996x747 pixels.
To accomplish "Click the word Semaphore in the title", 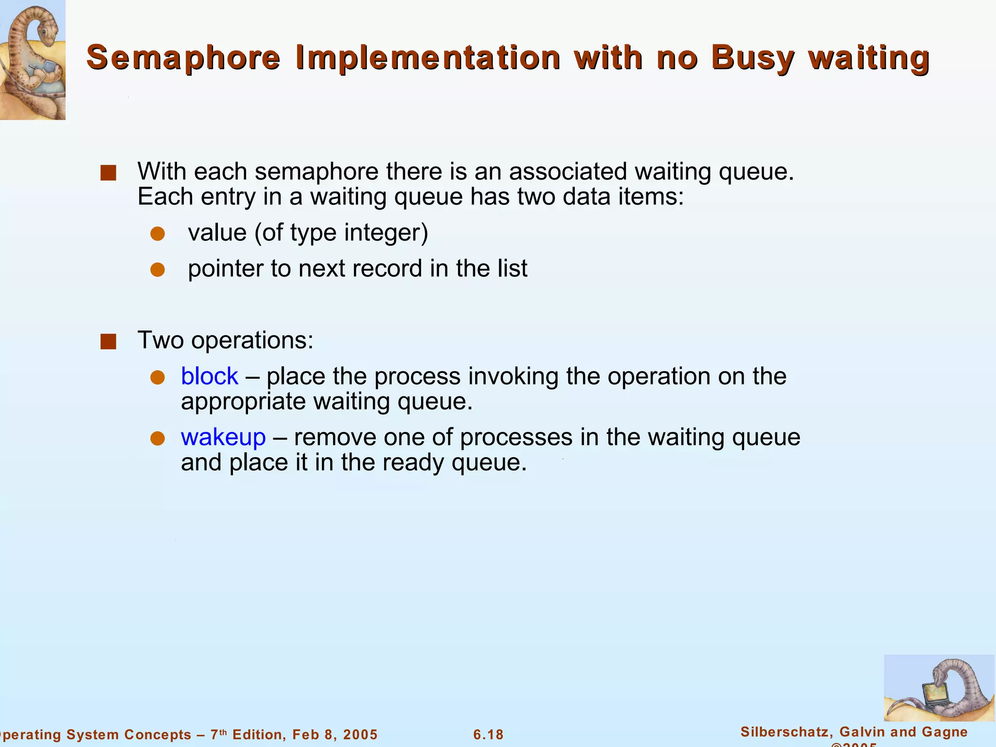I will tap(183, 58).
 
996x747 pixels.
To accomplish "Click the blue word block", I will tap(210, 376).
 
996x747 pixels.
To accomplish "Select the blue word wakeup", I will tap(223, 437).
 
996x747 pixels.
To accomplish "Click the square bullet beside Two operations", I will tap(108, 342).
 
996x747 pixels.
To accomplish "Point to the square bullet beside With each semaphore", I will tap(108, 173).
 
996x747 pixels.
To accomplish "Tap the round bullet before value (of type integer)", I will tap(158, 234).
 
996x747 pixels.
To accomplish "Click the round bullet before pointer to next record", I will tap(158, 270).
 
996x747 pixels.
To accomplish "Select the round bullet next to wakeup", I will tap(158, 438).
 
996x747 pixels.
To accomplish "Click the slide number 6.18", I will tap(488, 734).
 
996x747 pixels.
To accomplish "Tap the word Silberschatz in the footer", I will tap(785, 732).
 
